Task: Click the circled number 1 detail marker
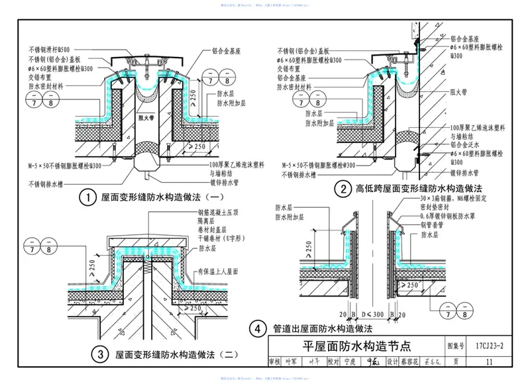85,197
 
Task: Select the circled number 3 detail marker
100,356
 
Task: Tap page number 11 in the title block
489,362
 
